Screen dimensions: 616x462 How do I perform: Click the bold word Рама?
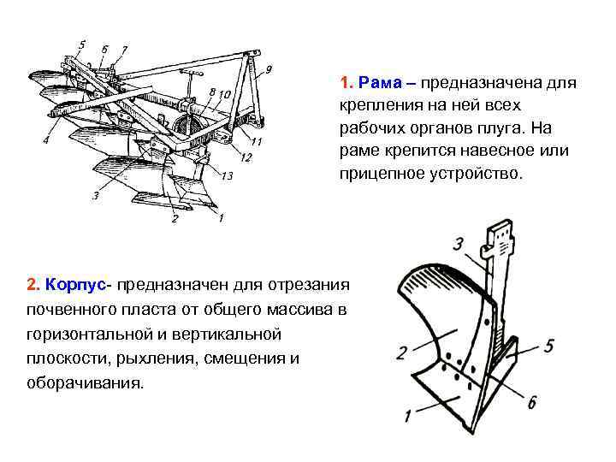click(377, 84)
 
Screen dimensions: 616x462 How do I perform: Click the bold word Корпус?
click(75, 283)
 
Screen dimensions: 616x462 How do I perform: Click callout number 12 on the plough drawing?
click(246, 157)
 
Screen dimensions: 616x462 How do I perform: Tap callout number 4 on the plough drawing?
click(44, 140)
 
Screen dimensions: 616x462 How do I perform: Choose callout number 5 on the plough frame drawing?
click(81, 44)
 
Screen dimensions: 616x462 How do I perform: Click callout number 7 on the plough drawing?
click(125, 50)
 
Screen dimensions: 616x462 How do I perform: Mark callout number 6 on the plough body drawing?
click(532, 403)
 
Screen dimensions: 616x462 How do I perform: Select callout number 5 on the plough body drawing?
click(548, 345)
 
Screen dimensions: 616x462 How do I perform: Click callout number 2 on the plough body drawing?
click(401, 352)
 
